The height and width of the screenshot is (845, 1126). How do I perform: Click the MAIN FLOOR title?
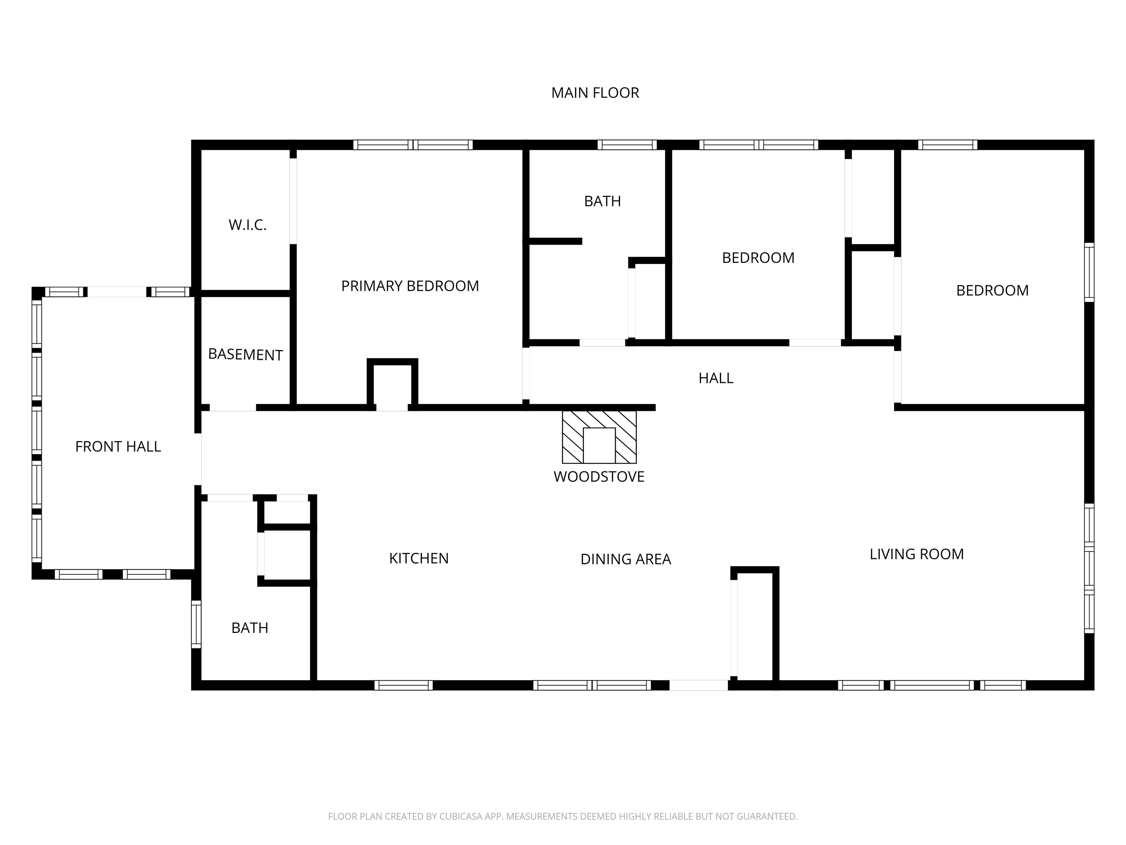click(595, 93)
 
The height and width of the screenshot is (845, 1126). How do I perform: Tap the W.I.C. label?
click(247, 224)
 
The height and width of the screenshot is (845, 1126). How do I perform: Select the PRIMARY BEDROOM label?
click(410, 286)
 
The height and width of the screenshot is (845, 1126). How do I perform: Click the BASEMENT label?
click(245, 355)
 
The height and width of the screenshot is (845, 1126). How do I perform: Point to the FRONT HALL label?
click(118, 447)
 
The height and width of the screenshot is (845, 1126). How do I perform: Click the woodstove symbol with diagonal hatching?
click(599, 437)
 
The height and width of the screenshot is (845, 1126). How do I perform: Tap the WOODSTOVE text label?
click(599, 477)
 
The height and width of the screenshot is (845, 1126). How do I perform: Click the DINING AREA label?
click(626, 559)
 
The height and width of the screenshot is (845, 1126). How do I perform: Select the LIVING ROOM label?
click(917, 554)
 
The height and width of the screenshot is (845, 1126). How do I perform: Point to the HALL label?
click(716, 378)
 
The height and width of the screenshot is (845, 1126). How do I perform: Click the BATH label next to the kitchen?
click(250, 628)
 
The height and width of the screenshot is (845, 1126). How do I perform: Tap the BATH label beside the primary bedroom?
click(602, 201)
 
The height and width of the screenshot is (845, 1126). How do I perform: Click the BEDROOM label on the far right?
click(992, 290)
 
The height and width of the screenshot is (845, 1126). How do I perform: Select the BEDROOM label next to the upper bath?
click(758, 258)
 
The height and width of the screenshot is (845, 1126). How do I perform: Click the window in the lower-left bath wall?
click(196, 625)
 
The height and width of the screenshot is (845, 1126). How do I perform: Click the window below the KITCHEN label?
click(404, 685)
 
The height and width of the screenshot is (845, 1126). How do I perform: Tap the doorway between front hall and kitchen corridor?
click(198, 460)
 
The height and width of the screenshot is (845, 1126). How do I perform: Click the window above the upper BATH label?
click(627, 145)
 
